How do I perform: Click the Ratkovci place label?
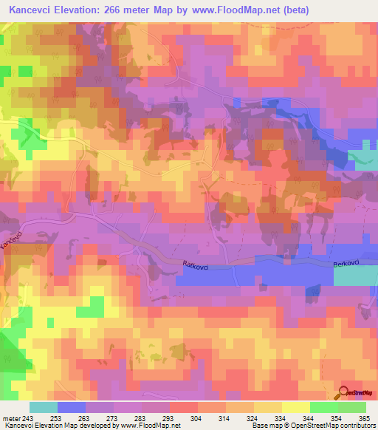pos(197,264)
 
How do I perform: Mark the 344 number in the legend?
pos(323,418)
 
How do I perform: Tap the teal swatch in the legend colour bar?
pos(44,407)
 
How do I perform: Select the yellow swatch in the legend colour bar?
pos(295,407)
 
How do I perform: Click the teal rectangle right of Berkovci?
pos(355,276)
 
